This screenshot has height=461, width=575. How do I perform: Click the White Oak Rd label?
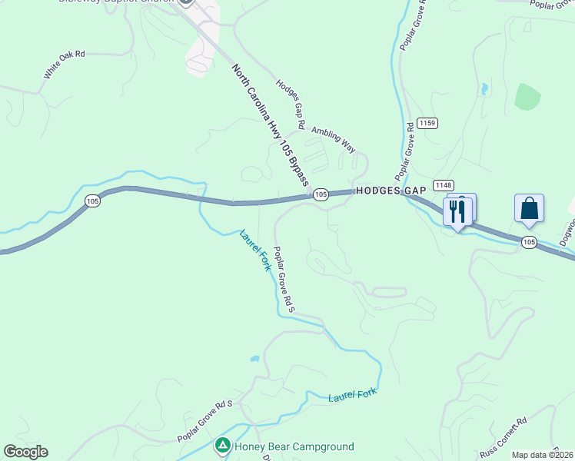64,65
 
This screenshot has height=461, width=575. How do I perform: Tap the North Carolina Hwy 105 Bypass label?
271,125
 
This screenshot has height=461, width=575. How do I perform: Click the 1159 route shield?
428,123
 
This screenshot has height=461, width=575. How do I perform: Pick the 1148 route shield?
443,185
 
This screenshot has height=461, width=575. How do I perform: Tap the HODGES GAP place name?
380,191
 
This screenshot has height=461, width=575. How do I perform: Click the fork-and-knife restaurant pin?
458,210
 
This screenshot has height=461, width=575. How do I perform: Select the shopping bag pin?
529,208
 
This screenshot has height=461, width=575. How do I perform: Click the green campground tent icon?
222,446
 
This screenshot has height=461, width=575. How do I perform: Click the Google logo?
25,452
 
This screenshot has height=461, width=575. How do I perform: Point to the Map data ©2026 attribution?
543,455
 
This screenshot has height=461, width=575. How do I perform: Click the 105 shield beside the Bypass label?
321,195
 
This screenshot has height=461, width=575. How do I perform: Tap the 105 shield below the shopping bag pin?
528,242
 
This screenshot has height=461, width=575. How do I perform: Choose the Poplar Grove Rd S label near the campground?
204,421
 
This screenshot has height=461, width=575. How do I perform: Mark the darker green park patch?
527,97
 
